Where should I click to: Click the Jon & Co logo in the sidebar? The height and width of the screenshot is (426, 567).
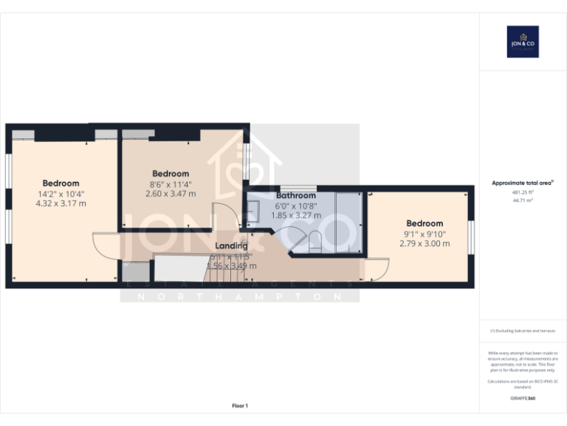point(523,41)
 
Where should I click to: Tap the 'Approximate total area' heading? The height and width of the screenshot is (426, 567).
point(522,183)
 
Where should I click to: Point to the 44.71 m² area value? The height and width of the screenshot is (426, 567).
point(522,199)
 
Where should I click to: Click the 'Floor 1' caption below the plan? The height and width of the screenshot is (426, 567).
point(240,405)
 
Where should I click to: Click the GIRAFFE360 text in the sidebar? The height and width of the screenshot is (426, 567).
point(522,399)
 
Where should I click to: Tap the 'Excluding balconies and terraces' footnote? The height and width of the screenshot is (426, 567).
point(522,331)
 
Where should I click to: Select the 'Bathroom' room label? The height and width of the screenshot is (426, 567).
point(296,195)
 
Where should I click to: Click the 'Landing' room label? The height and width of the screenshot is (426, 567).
point(231,246)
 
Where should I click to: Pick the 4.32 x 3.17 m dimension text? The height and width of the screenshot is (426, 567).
point(61,203)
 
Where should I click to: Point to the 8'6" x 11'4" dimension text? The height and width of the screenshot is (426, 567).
point(171,184)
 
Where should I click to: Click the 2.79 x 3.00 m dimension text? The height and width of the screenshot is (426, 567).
point(425,243)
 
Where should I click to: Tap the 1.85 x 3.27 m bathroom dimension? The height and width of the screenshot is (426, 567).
point(296,215)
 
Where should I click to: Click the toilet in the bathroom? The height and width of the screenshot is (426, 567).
point(314,239)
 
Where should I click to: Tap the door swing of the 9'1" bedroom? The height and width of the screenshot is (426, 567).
point(377,269)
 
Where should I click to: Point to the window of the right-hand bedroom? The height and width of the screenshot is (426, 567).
point(471,237)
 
